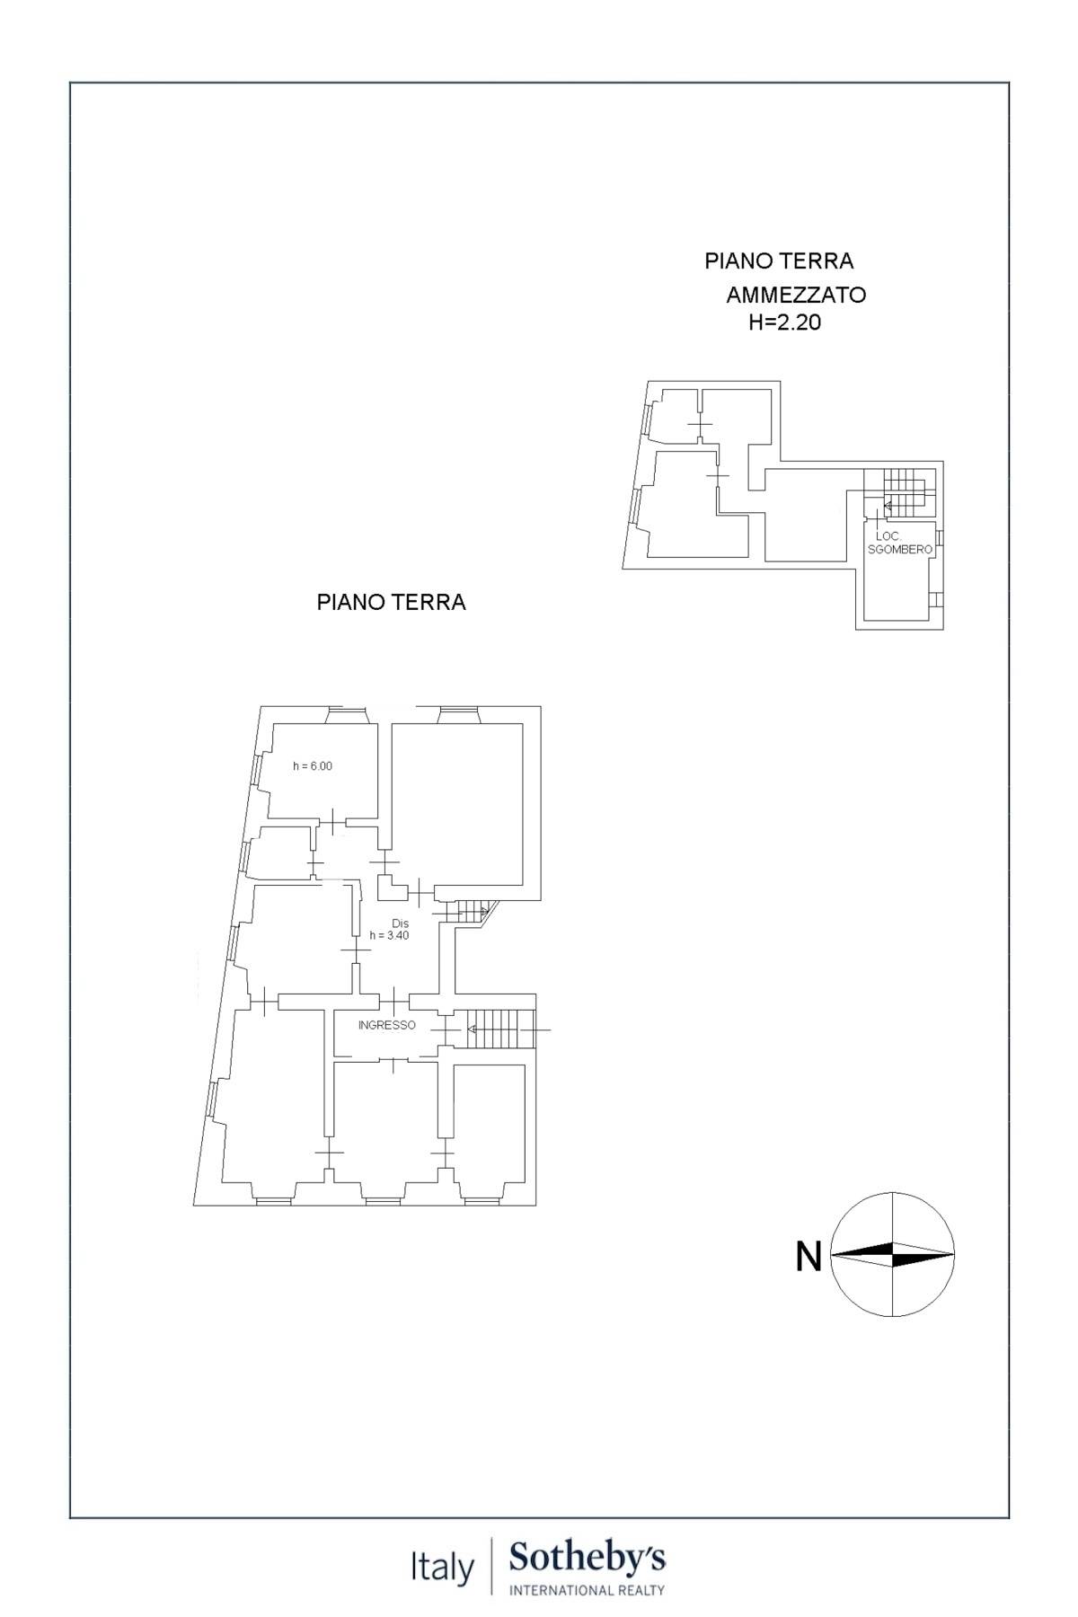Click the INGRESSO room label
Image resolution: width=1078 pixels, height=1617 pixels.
(x=386, y=1025)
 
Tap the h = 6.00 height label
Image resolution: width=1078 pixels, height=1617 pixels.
(x=312, y=766)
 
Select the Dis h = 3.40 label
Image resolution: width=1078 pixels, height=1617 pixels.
(x=400, y=929)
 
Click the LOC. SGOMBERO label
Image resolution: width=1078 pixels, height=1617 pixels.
(x=899, y=543)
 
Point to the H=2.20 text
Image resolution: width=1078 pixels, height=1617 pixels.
(x=784, y=323)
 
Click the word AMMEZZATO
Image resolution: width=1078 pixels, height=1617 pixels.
(x=795, y=295)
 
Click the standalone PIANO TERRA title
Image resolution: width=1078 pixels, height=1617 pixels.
(x=391, y=602)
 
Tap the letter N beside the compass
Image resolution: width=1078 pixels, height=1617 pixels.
(x=808, y=1256)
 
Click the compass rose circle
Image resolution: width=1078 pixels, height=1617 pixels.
(x=893, y=1254)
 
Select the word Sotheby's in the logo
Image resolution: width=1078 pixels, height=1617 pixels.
(x=587, y=1558)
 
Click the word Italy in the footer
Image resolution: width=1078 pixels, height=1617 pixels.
(x=442, y=1569)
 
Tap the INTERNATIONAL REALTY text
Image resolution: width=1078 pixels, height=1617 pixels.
(x=587, y=1590)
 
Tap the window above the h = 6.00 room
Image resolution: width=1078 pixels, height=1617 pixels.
(x=347, y=714)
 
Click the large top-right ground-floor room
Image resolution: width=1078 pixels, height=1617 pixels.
(x=458, y=804)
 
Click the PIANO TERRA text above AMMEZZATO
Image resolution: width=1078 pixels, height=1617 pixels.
(x=778, y=261)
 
